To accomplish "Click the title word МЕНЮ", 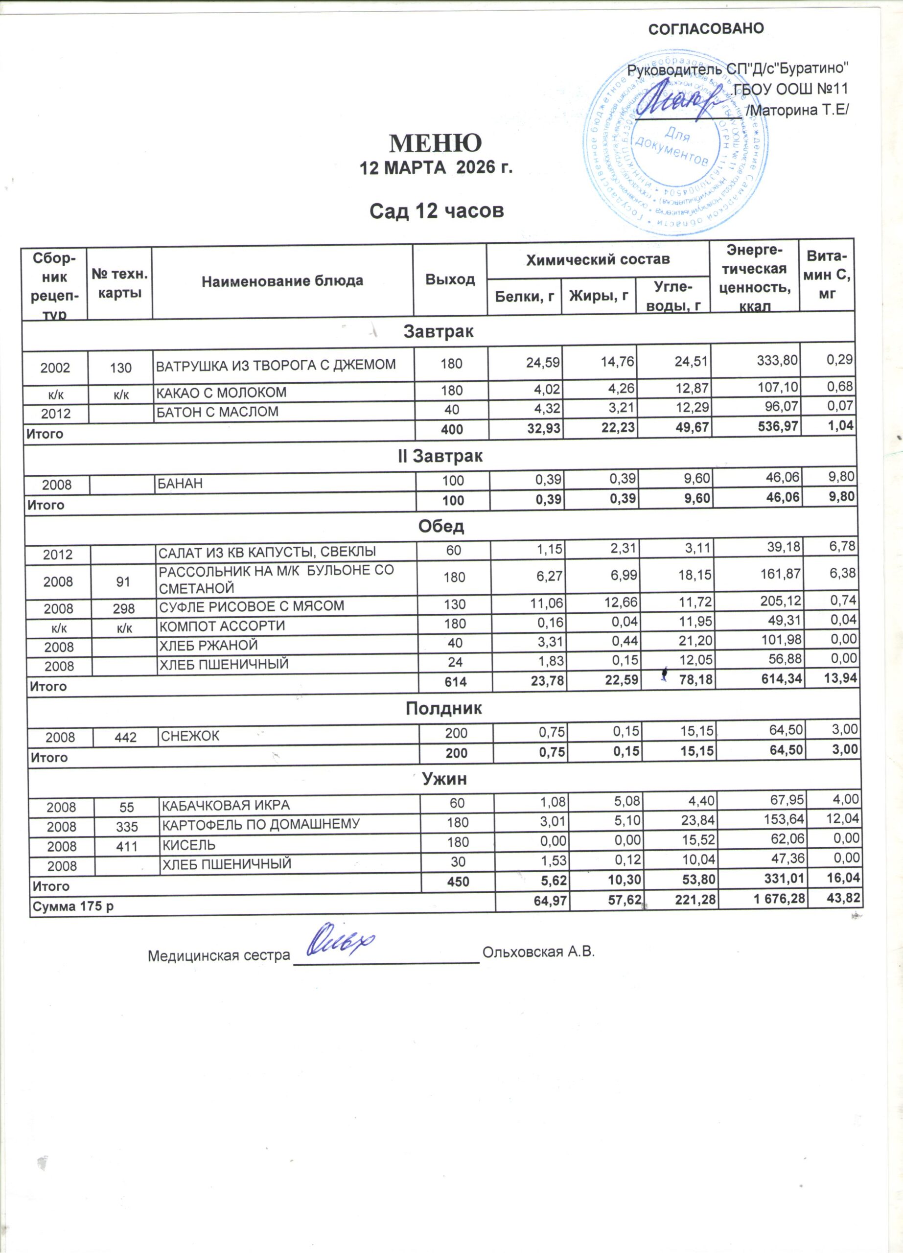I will coord(435,143).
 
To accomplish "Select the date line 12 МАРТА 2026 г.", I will coord(436,167).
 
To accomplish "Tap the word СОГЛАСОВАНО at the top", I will coord(705,29).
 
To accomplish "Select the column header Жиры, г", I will coord(598,297).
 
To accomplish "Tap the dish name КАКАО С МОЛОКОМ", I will coord(222,393).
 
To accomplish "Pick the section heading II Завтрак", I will coord(440,456).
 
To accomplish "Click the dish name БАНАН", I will coord(180,484).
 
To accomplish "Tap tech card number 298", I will coord(123,608).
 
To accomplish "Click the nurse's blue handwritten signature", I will coord(340,937).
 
